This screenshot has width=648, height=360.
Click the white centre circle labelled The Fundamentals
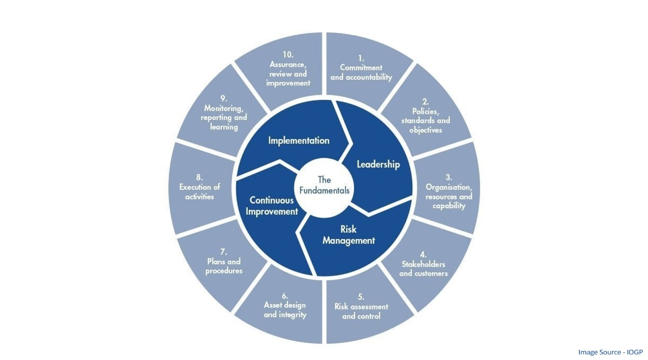click(x=324, y=185)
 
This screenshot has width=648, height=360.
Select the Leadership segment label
click(x=378, y=164)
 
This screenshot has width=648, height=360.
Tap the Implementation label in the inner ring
click(x=299, y=140)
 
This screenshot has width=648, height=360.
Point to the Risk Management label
click(x=348, y=235)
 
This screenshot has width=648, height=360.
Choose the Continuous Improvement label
click(x=272, y=206)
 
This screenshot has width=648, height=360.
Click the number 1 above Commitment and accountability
click(x=361, y=58)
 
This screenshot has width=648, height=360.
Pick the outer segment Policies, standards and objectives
click(x=425, y=116)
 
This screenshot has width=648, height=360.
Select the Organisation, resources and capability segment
click(x=449, y=192)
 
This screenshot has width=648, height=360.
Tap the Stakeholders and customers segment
click(x=423, y=264)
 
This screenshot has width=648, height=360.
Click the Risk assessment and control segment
click(x=361, y=307)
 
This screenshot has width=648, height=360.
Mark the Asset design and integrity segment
click(x=285, y=305)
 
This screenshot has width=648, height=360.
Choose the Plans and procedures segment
click(x=224, y=262)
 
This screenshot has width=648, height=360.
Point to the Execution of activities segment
click(x=199, y=187)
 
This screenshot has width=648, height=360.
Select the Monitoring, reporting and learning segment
click(x=224, y=113)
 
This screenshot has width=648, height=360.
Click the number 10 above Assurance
click(x=288, y=54)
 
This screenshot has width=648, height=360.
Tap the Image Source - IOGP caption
click(x=610, y=352)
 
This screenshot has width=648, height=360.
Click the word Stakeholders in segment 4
click(x=423, y=264)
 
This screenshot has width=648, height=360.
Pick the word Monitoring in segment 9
click(x=224, y=108)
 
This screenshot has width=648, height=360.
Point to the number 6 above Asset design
click(x=285, y=296)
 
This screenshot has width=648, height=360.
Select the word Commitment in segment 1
click(x=361, y=67)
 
